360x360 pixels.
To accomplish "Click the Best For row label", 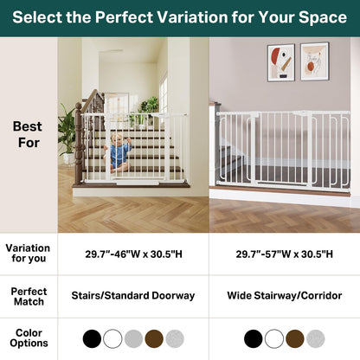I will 28,134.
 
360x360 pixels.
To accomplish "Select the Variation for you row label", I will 28,254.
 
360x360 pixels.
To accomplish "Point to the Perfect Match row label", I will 28,297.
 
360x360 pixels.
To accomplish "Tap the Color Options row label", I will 28,338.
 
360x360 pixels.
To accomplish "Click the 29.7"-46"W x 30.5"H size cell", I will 133,254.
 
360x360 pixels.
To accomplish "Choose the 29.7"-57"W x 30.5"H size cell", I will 284,254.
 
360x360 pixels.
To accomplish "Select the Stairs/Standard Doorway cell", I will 133,296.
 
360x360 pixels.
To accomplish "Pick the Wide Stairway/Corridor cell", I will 284,296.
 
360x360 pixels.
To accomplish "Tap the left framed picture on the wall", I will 280,62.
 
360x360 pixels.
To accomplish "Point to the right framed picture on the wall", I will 314,61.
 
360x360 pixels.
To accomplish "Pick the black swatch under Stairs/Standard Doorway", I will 92,338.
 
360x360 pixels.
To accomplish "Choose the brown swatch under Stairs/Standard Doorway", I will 154,338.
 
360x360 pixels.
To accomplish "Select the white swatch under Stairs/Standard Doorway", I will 112,338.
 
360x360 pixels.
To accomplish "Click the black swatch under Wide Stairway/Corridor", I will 253,338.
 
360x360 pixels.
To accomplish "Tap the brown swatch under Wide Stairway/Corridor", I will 294,338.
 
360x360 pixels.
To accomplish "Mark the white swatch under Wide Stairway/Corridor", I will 273,338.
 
